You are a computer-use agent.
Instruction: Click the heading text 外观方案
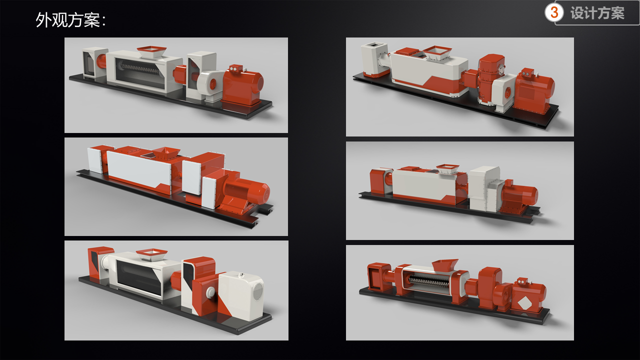70,20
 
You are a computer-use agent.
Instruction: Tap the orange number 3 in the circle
554,12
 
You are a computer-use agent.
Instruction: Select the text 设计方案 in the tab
597,13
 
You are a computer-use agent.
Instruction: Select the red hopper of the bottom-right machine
444,265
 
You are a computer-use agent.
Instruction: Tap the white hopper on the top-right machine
438,52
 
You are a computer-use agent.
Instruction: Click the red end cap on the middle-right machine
379,180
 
